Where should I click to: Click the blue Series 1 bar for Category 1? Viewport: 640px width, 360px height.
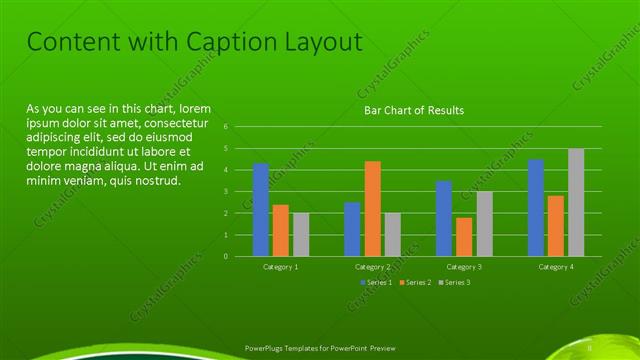coord(261,210)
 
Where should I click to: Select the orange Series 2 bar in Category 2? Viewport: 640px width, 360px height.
coord(372,208)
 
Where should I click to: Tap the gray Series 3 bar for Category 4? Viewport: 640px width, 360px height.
coord(576,202)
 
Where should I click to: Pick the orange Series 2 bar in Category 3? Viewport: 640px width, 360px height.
coord(464,237)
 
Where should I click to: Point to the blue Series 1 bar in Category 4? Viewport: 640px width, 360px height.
coord(536,208)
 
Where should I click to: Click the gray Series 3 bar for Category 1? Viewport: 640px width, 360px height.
coord(301,234)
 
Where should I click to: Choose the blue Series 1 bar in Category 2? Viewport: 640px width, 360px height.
coord(352,229)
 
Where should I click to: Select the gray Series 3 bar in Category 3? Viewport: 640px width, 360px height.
coord(484,224)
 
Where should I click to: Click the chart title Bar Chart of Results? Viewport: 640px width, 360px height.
coord(413,110)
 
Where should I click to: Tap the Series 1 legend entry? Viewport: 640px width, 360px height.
coord(376,283)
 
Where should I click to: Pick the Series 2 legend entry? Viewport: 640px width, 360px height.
coord(417,283)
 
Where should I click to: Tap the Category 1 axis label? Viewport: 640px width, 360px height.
coord(281,267)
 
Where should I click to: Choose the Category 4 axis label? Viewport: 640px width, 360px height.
coord(556,267)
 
